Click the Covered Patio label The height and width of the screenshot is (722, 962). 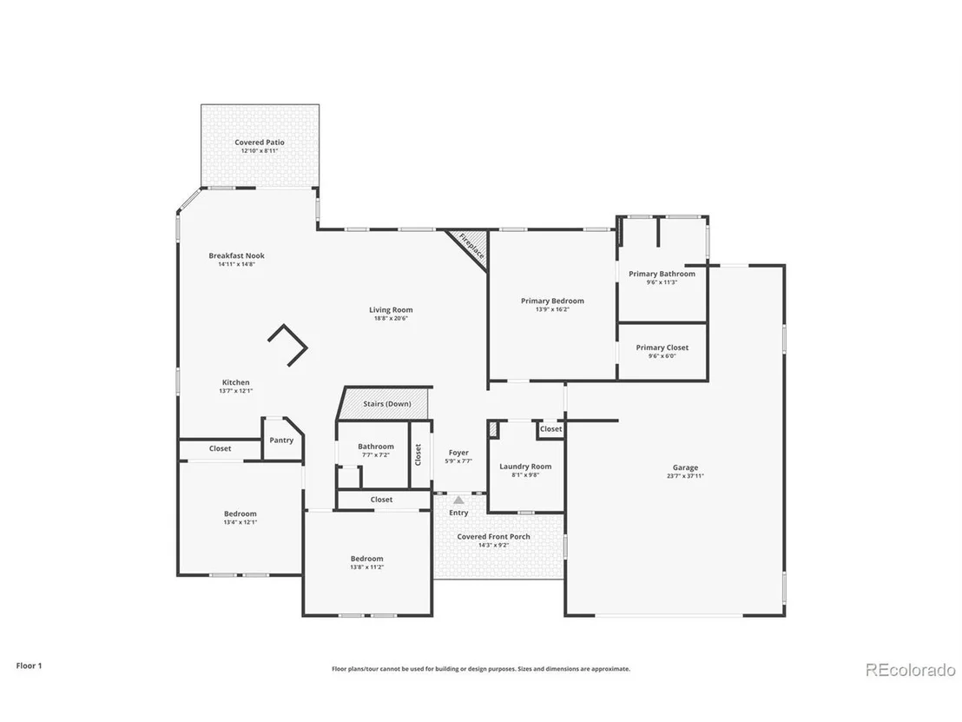(260, 142)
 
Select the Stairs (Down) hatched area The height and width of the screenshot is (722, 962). (385, 403)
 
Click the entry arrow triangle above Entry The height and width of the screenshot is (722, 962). (459, 500)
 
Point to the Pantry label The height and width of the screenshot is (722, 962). (281, 440)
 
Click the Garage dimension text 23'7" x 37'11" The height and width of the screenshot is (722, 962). (685, 476)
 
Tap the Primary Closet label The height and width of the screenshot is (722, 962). (662, 348)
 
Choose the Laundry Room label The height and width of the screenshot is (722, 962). (525, 467)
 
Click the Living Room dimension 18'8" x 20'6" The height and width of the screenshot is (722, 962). (391, 319)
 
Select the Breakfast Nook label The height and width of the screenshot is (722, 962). (237, 256)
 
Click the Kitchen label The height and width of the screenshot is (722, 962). (235, 382)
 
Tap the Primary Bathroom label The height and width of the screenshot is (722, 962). (662, 274)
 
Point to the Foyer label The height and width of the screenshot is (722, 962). (458, 453)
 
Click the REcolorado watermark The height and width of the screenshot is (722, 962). (911, 670)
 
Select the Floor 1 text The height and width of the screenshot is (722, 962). (29, 666)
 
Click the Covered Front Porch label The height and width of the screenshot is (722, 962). (493, 537)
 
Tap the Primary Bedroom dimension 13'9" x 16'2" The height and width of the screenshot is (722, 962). (552, 309)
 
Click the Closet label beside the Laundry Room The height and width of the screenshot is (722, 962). (551, 429)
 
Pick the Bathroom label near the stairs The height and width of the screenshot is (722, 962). (375, 447)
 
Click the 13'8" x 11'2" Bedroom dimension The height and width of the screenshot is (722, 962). (367, 567)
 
